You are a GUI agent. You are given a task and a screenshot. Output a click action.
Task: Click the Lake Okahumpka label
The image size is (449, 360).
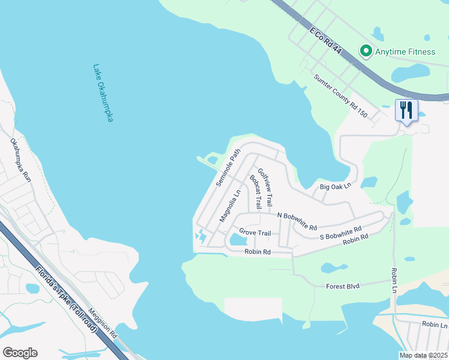103,94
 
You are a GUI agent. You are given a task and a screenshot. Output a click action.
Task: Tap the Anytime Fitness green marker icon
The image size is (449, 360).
365,52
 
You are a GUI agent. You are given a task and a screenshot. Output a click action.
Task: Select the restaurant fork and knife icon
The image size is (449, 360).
406,110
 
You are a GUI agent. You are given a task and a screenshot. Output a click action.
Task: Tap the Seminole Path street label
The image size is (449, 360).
228,167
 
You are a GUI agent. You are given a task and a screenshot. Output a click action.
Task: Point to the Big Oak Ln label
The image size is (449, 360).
334,187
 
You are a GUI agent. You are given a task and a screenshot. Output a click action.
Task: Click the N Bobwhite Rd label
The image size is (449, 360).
297,220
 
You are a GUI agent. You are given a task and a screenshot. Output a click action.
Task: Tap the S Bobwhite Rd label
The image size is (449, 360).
340,233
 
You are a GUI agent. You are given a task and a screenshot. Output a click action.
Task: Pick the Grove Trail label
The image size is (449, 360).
255,232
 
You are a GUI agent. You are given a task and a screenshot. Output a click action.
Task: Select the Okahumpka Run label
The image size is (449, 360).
20,160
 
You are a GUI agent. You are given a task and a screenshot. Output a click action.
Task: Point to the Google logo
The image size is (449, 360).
20,353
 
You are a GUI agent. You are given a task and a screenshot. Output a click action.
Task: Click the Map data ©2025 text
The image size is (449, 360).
424,355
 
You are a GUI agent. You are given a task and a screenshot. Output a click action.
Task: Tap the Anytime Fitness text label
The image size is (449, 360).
405,52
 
